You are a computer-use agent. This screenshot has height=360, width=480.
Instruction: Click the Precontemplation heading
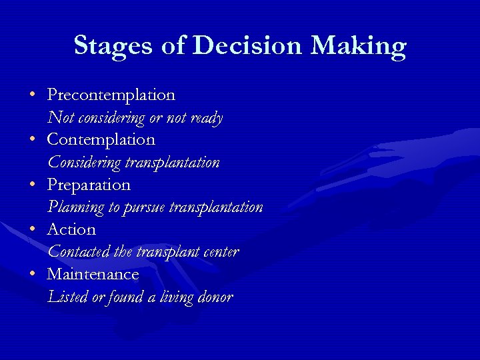(111, 95)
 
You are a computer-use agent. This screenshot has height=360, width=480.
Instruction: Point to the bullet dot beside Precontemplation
(33, 95)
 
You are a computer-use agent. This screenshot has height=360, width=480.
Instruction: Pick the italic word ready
(206, 118)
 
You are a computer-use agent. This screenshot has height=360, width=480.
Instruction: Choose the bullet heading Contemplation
(101, 140)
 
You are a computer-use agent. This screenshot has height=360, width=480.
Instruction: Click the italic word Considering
(84, 163)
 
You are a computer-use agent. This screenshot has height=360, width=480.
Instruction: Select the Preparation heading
(89, 185)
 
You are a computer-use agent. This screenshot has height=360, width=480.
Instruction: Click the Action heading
(71, 229)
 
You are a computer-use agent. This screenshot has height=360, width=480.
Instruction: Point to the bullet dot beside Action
(33, 229)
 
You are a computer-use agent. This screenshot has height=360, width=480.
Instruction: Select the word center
(219, 252)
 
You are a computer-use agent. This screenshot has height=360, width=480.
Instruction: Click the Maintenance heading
(93, 274)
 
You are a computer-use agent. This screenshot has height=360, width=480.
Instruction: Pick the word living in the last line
(174, 297)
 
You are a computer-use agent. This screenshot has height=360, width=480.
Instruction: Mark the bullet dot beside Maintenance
(33, 273)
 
